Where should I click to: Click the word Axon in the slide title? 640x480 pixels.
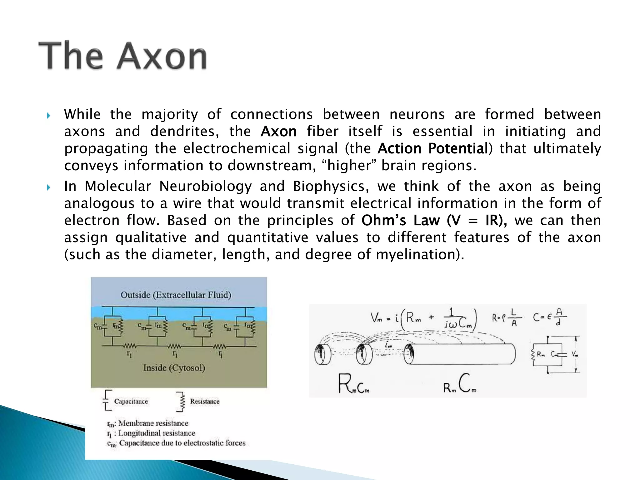coord(162,56)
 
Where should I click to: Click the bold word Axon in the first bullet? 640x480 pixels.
coord(278,132)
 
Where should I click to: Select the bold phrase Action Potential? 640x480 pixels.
coord(432,148)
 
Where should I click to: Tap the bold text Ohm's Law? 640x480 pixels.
coord(401,220)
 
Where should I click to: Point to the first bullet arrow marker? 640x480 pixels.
coord(48,116)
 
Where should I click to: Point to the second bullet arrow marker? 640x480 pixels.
coord(48,188)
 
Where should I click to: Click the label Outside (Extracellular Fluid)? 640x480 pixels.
coord(176,295)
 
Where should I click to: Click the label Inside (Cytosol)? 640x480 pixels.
coord(174,368)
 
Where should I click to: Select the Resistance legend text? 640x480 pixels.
coord(204,401)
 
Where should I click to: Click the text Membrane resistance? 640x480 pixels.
coord(153,423)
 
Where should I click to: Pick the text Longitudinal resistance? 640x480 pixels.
coord(156,433)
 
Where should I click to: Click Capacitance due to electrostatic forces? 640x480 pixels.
coord(182,443)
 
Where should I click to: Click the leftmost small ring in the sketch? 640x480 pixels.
coord(322,354)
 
